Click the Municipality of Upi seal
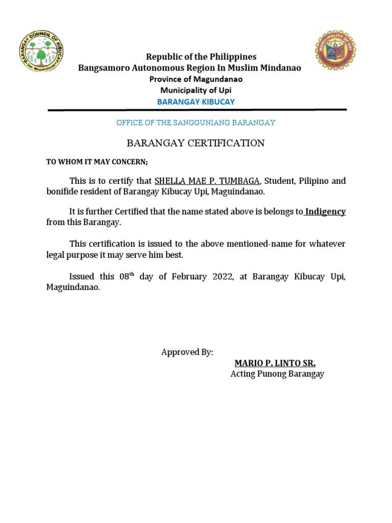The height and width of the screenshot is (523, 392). (x=335, y=50)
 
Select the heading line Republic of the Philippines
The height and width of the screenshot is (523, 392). (x=201, y=57)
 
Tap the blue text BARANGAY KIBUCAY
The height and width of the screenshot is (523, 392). (x=196, y=102)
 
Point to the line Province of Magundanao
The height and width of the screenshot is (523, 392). (x=196, y=79)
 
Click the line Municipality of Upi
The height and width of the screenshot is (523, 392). (x=196, y=90)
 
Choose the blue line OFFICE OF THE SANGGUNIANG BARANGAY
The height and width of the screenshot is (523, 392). (x=196, y=123)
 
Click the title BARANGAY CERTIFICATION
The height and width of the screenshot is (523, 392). (x=196, y=143)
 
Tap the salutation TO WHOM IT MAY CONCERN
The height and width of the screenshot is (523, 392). (x=97, y=162)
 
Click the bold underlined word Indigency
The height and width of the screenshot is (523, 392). (x=325, y=211)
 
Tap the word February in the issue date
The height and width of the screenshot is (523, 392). (x=190, y=277)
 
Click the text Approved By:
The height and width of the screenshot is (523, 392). (x=187, y=352)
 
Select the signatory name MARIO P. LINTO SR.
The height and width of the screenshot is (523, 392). (x=275, y=363)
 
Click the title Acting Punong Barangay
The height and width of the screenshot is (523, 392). (x=277, y=374)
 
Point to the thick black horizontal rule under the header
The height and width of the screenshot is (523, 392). (x=197, y=110)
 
